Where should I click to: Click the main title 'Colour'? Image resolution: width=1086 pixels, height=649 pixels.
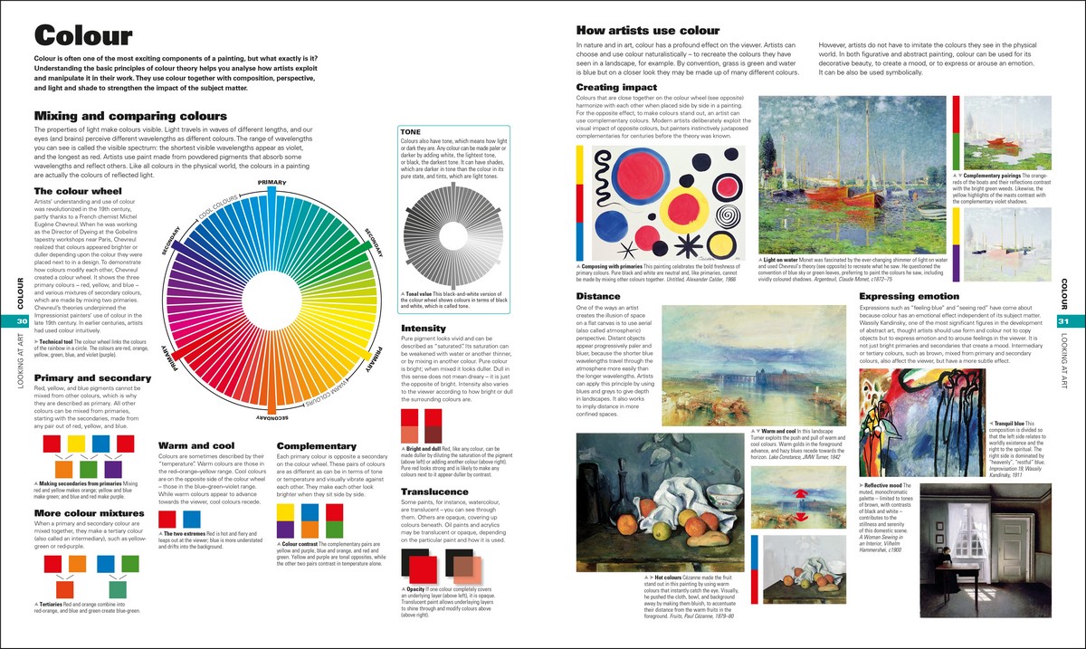click(x=82, y=35)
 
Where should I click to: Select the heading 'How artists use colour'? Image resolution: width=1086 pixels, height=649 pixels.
click(x=648, y=30)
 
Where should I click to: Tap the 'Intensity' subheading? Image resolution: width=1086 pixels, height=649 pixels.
click(x=424, y=327)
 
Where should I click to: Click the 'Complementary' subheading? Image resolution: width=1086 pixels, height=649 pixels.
click(x=316, y=445)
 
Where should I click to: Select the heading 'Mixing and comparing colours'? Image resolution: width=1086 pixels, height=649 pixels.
click(x=129, y=116)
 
